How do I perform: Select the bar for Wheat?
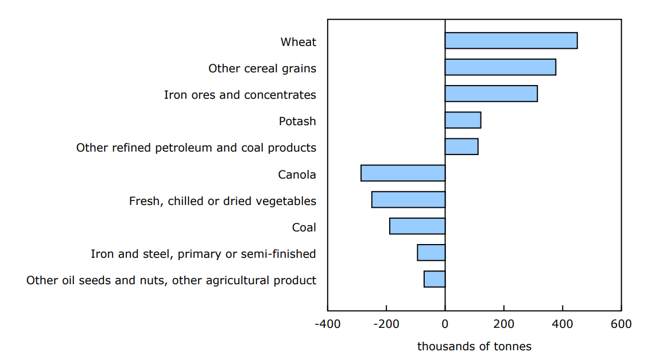(511, 41)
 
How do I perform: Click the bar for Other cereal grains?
(500, 67)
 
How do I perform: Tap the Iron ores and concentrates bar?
(491, 94)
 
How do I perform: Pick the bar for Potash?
(463, 120)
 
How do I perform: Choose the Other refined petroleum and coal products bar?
(462, 146)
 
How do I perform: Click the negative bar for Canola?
(403, 173)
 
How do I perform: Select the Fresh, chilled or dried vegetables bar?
(408, 199)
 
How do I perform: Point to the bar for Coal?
(417, 226)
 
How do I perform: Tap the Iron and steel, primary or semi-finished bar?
(431, 253)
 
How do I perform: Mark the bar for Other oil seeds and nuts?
(435, 279)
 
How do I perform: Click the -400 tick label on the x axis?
(328, 324)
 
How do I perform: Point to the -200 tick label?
(386, 324)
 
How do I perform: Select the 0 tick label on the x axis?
(445, 324)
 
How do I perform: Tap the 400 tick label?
(562, 324)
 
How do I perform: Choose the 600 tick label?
(621, 324)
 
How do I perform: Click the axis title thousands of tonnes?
(474, 346)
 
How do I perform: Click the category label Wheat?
(298, 42)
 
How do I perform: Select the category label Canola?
(297, 175)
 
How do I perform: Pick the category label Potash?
(297, 121)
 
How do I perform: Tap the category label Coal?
(304, 227)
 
